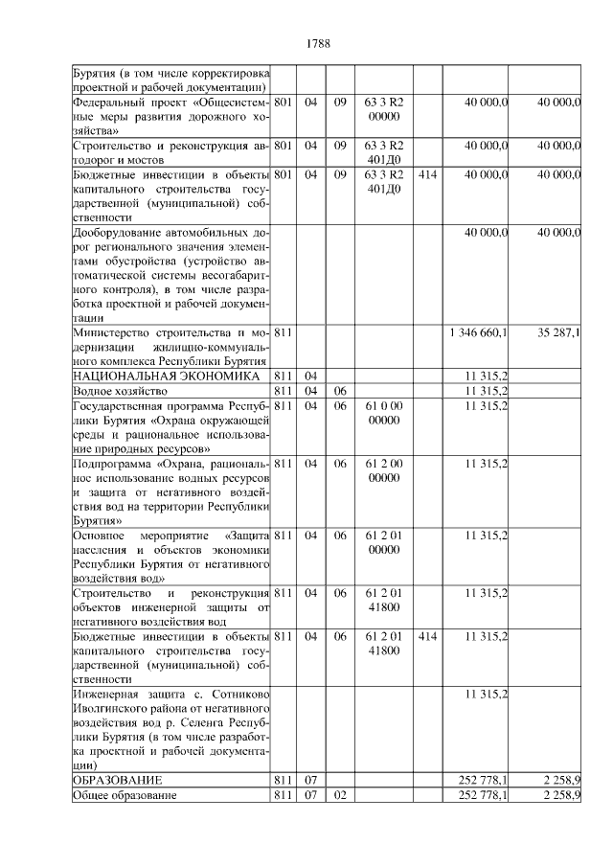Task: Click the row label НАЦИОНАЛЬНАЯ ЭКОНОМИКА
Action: (x=166, y=376)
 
